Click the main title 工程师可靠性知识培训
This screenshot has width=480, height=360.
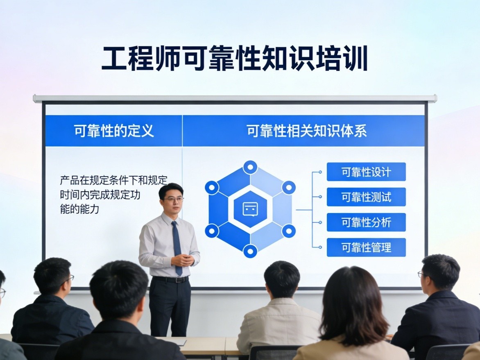[235, 58]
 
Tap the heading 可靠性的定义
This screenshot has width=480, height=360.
[114, 131]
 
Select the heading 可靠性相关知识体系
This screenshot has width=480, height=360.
[306, 131]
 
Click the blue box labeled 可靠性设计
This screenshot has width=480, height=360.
[366, 172]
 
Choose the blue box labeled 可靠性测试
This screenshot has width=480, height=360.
[366, 197]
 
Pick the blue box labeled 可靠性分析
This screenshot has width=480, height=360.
[366, 222]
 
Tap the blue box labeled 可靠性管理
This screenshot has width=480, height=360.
[366, 247]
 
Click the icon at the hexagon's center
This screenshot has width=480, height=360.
[250, 209]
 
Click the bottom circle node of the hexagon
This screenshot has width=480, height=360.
[250, 251]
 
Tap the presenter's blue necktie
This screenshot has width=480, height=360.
[177, 247]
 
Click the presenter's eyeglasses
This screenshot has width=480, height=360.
[173, 199]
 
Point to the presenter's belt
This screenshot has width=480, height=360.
[170, 279]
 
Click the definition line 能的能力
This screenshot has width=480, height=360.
[79, 209]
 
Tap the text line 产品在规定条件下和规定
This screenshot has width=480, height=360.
[113, 180]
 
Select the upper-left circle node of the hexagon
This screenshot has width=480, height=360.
[212, 187]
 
